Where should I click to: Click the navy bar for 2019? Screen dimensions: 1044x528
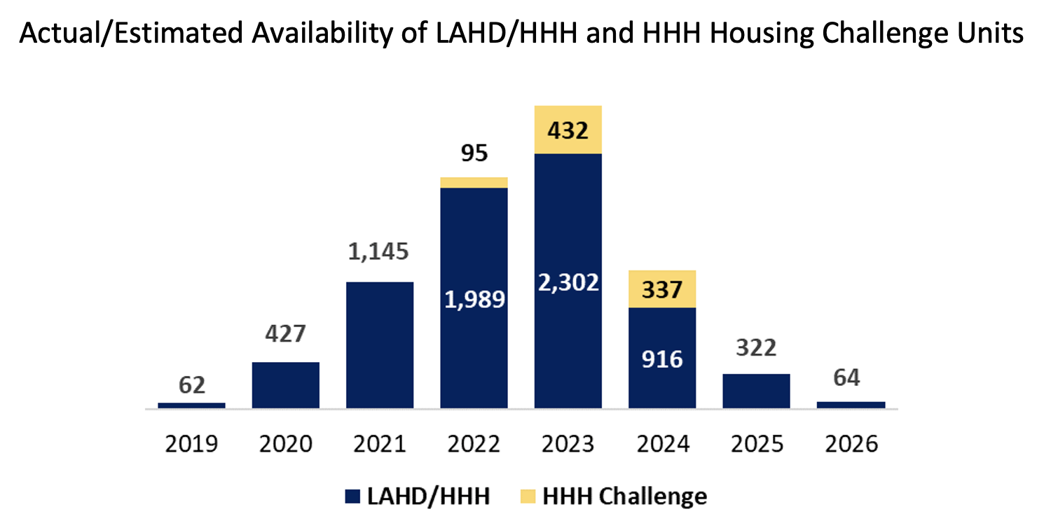point(191,405)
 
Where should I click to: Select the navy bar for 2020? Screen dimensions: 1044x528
point(286,386)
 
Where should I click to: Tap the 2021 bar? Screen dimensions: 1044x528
point(380,345)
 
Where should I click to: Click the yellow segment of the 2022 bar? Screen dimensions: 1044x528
point(474,183)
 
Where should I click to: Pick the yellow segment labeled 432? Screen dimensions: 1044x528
point(568,130)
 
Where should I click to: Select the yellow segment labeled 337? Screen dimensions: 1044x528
point(662,289)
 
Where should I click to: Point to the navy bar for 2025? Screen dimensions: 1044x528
point(757,391)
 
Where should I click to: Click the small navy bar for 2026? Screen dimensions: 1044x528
point(851,405)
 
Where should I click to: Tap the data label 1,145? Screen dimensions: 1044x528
point(378,252)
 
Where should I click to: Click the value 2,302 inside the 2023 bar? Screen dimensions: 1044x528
point(569,283)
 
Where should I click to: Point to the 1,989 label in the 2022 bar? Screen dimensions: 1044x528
point(474,300)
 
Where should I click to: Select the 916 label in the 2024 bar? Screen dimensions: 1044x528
point(662,359)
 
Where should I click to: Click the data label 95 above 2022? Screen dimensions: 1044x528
point(474,153)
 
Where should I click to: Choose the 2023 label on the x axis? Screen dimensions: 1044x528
point(568,444)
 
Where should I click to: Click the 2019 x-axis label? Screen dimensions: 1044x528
point(191,444)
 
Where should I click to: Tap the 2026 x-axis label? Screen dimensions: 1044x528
point(851,444)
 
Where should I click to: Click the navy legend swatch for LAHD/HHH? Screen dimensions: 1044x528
point(352,496)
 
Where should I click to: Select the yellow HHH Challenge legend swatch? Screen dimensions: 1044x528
point(528,496)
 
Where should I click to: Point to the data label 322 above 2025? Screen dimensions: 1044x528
point(757,348)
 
